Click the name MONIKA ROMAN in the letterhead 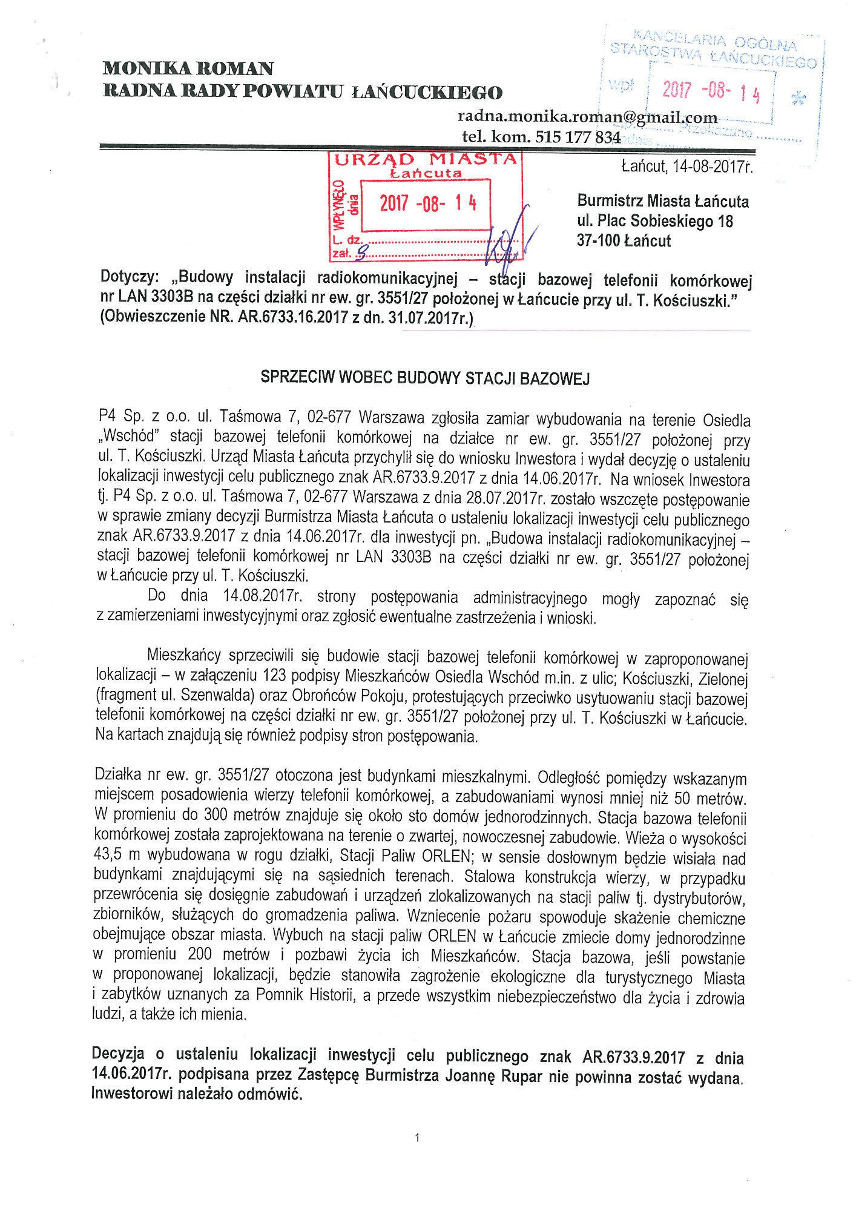pyautogui.click(x=188, y=68)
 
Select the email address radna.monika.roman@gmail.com pyautogui.click(x=587, y=116)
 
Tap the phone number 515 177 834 pyautogui.click(x=578, y=137)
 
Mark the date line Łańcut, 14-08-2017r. pyautogui.click(x=686, y=166)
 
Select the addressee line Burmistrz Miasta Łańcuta pyautogui.click(x=662, y=201)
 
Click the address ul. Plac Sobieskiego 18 pyautogui.click(x=654, y=221)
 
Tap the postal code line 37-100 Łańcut pyautogui.click(x=624, y=241)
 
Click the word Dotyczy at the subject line pyautogui.click(x=130, y=277)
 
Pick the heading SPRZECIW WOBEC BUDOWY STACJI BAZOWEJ pyautogui.click(x=425, y=378)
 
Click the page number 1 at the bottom pyautogui.click(x=417, y=1138)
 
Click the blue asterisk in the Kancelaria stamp pyautogui.click(x=798, y=98)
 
